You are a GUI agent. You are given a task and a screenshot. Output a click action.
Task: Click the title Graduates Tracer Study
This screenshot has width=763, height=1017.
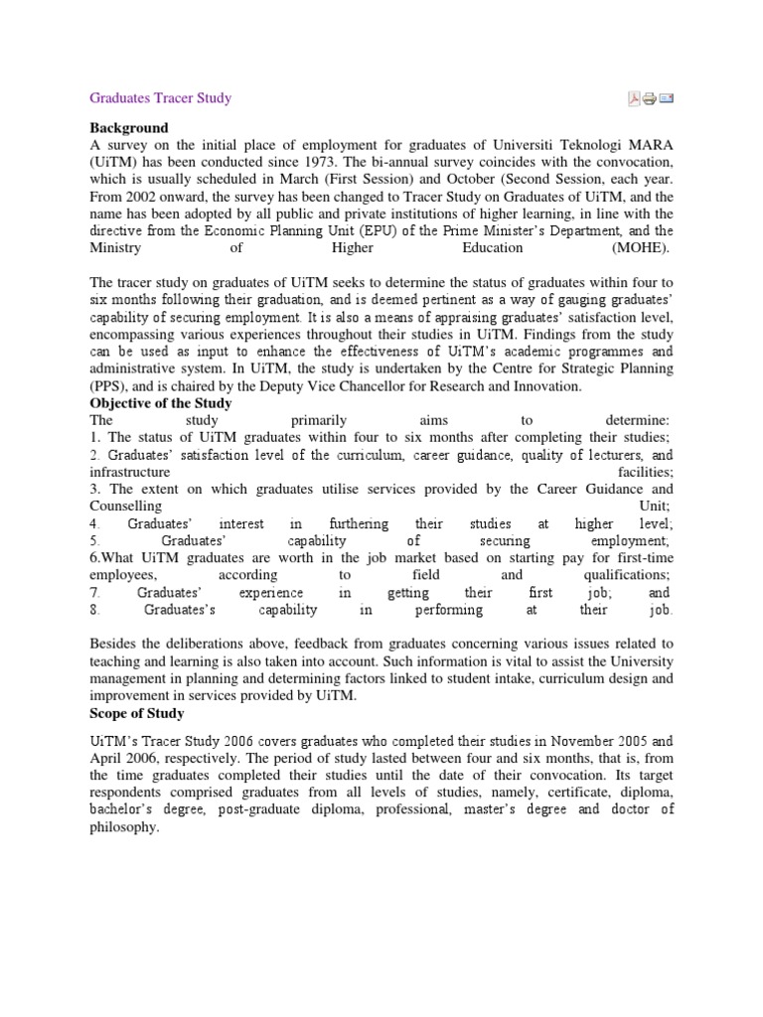click(x=160, y=98)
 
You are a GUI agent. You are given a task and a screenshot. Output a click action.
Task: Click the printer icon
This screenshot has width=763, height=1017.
click(x=649, y=98)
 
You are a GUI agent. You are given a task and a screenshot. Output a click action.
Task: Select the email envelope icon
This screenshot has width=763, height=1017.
click(x=666, y=98)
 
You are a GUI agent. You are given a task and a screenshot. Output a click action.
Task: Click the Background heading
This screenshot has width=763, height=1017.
click(x=129, y=128)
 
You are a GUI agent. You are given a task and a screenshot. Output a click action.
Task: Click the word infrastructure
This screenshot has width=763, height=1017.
click(x=130, y=472)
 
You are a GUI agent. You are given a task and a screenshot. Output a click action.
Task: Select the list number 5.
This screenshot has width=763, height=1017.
click(x=93, y=541)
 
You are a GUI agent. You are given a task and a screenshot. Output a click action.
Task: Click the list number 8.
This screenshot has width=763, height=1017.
click(x=93, y=610)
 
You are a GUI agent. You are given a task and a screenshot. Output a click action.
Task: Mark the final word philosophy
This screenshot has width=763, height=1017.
click(x=123, y=827)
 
